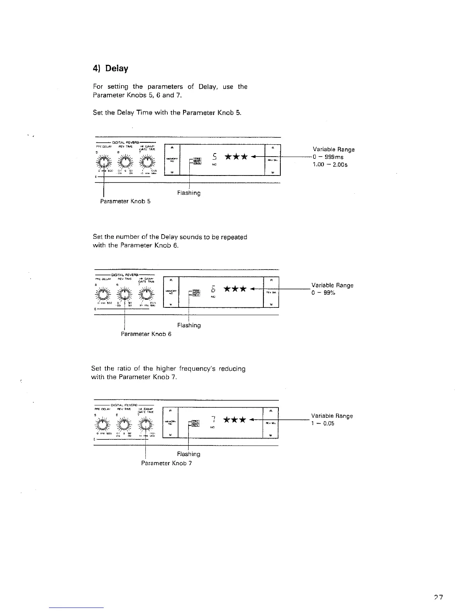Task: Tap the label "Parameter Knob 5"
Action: pyautogui.click(x=125, y=201)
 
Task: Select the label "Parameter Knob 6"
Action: pyautogui.click(x=146, y=334)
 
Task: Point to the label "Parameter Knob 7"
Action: pyautogui.click(x=167, y=463)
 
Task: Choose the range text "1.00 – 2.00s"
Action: pyautogui.click(x=330, y=165)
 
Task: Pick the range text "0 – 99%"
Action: pyautogui.click(x=324, y=293)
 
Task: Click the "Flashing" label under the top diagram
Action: pyautogui.click(x=189, y=192)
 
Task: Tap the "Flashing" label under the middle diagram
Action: pyautogui.click(x=189, y=325)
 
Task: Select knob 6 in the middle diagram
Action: pyautogui.click(x=125, y=295)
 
